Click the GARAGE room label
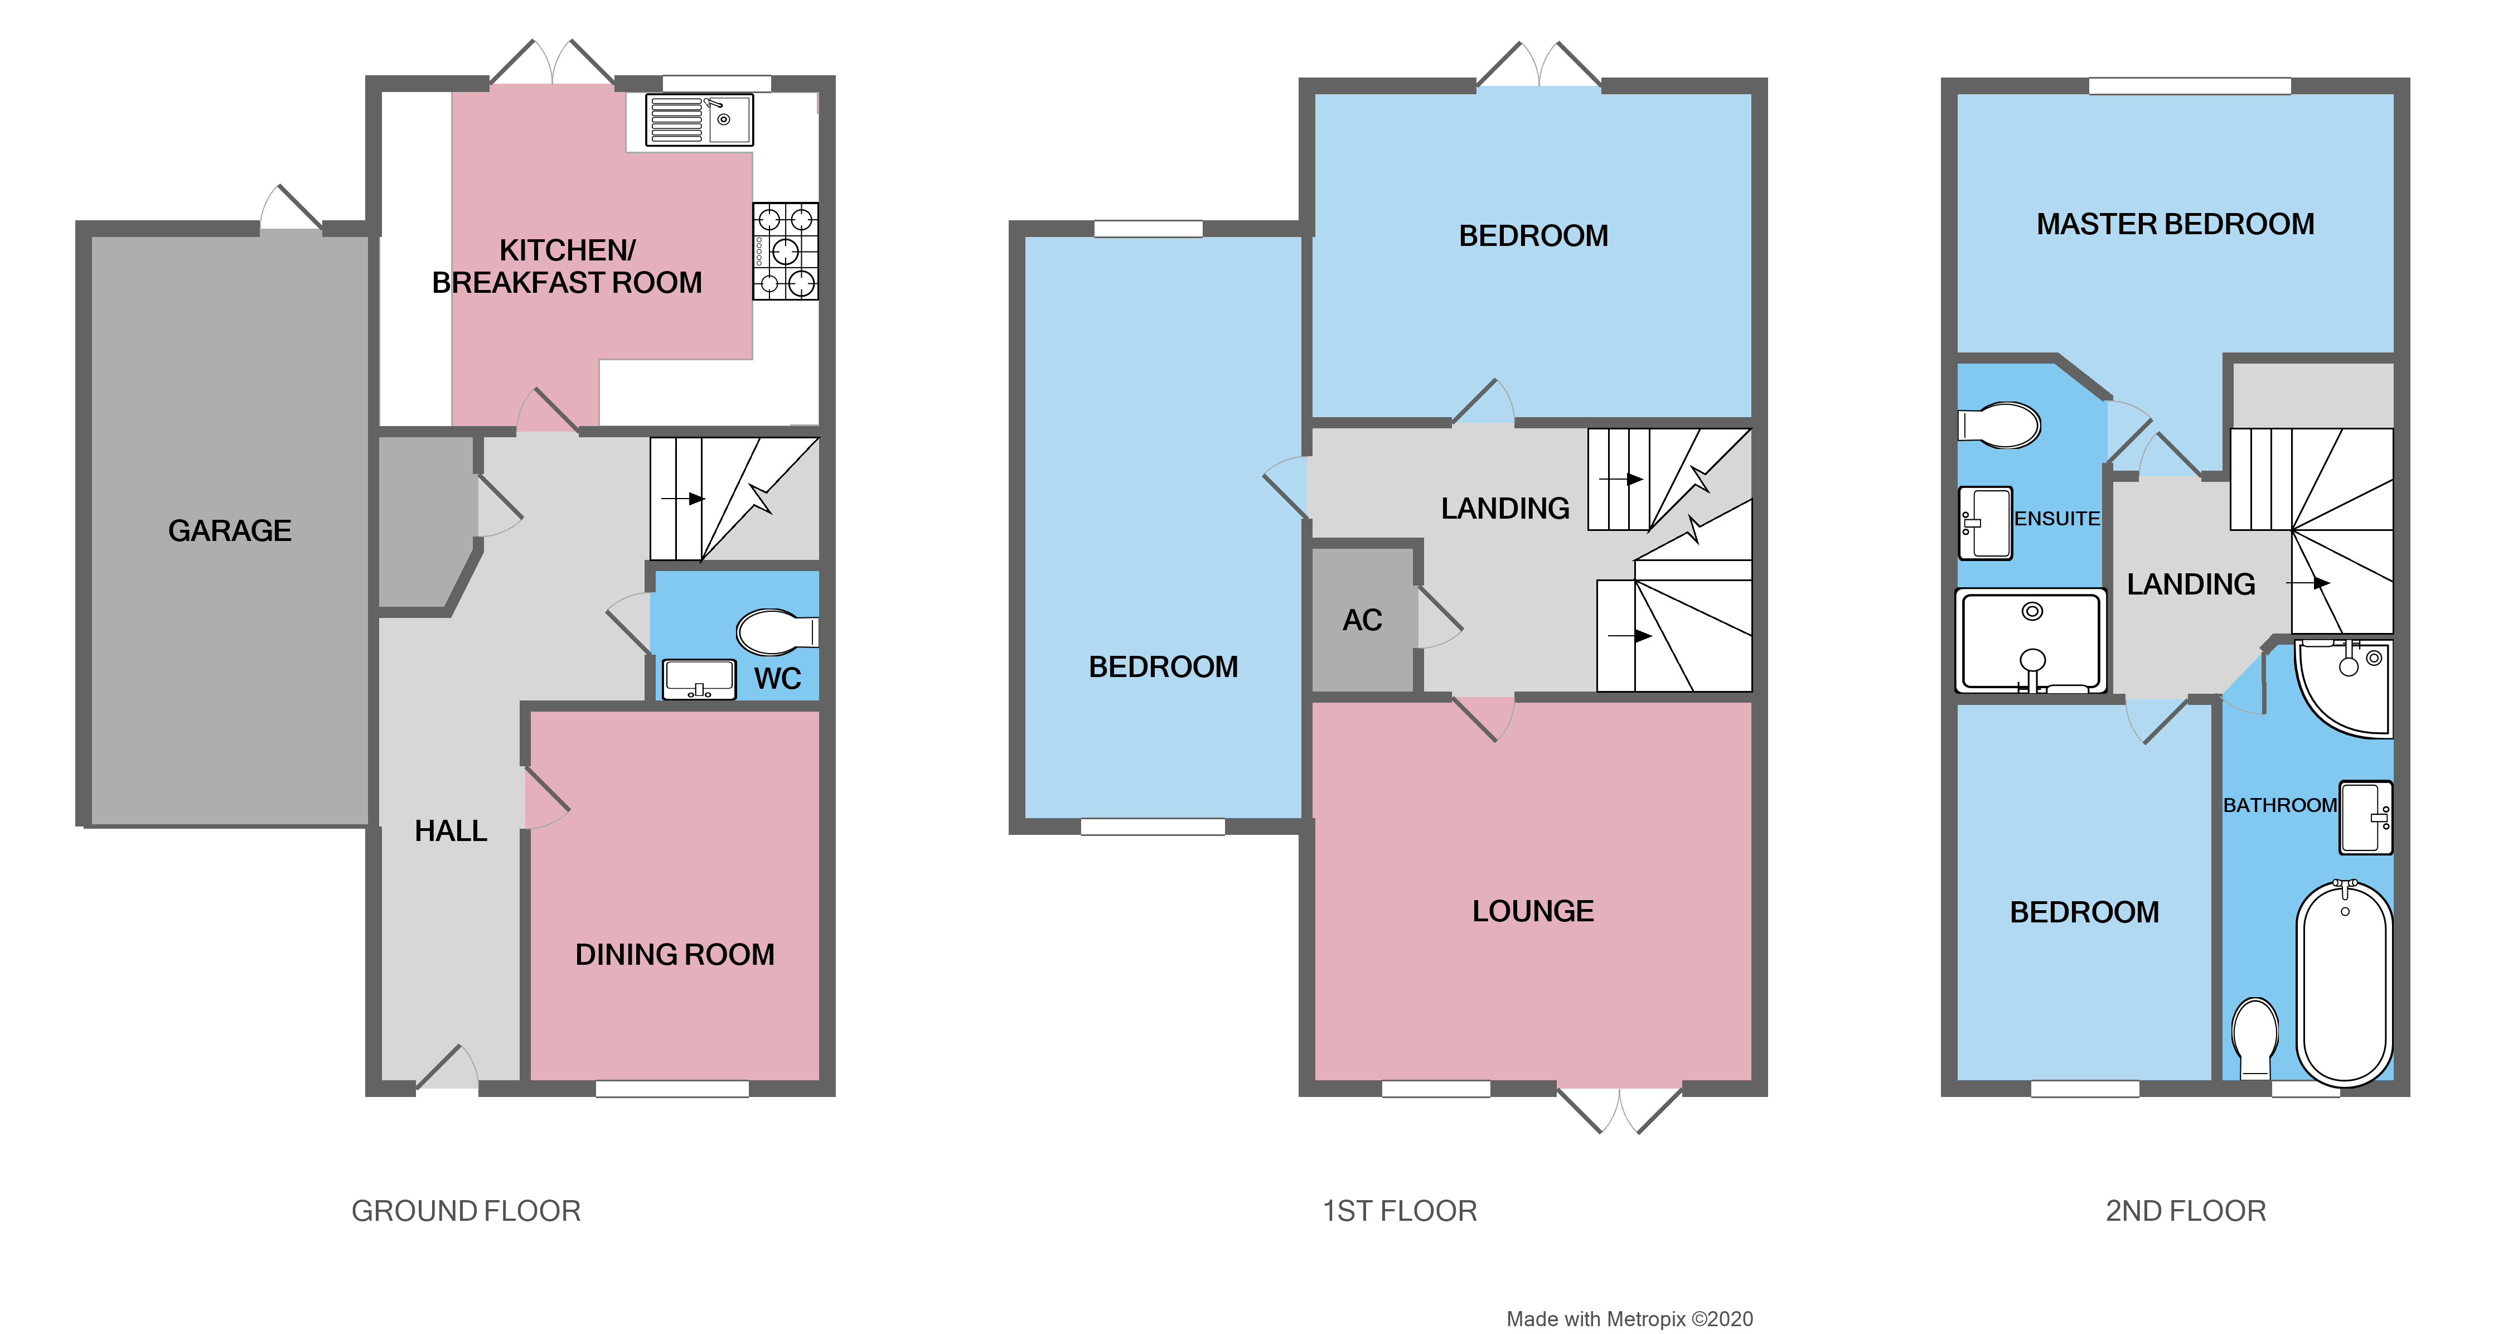point(230,531)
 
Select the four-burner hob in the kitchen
point(785,251)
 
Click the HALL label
point(451,830)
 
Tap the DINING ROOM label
point(675,954)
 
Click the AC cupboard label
point(1362,620)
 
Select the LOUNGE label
point(1532,911)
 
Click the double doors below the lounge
point(1619,1110)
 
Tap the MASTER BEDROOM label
point(2175,225)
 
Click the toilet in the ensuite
point(2001,426)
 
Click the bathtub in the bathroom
point(2345,983)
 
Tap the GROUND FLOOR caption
point(466,1211)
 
